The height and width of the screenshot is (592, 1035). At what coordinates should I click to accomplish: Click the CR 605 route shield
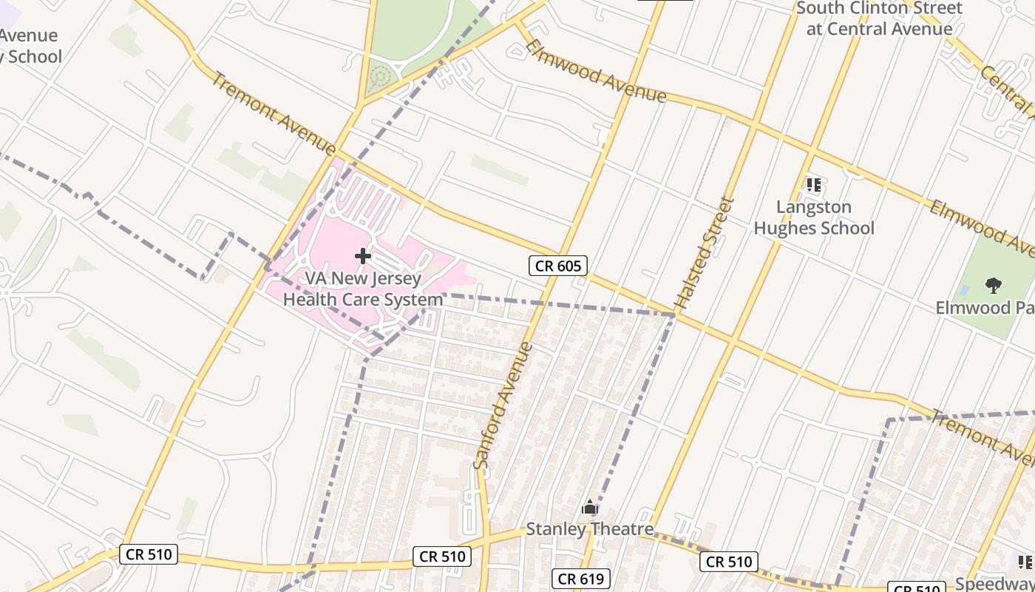(558, 266)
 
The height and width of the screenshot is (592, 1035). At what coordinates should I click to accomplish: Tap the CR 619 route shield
(581, 579)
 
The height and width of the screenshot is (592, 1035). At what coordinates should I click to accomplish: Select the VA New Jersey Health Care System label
(362, 289)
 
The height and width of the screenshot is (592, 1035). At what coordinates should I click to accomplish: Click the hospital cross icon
(363, 256)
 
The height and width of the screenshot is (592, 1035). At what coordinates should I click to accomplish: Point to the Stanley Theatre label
(589, 529)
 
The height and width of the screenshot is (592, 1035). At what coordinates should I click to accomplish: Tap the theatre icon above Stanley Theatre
(590, 508)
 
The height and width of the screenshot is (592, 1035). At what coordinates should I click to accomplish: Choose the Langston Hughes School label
(814, 218)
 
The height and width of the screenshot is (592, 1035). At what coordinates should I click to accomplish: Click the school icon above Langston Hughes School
(814, 185)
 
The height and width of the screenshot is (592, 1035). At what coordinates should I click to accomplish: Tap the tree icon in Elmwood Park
(993, 285)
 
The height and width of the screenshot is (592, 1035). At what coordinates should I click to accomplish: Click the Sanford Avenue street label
(503, 405)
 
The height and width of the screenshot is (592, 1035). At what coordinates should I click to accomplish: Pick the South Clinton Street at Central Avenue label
(879, 18)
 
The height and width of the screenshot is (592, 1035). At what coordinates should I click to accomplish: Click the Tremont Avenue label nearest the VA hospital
(274, 113)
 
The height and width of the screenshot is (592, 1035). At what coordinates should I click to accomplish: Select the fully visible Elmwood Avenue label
(595, 72)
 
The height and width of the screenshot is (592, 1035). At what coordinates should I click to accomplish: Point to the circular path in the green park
(380, 75)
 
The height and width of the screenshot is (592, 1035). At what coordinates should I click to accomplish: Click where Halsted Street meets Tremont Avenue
(675, 316)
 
